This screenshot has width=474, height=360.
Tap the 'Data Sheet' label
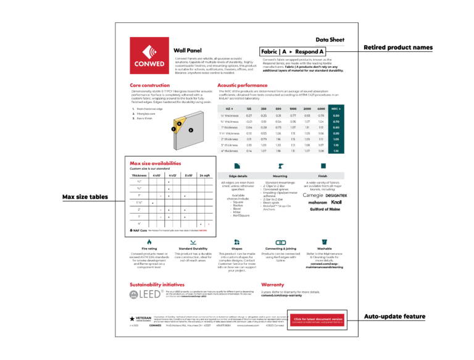(x=329, y=39)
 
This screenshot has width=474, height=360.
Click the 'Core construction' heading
(x=149, y=85)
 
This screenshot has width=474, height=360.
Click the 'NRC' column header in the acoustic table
(x=336, y=108)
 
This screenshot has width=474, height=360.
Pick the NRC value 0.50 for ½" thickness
(x=336, y=115)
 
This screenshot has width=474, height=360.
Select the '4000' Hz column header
(x=321, y=108)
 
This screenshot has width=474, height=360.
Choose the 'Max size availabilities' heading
(x=156, y=164)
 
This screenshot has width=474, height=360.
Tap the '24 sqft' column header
(x=205, y=175)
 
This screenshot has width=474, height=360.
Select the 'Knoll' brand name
(x=336, y=202)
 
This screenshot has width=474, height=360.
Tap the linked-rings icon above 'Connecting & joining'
(x=280, y=242)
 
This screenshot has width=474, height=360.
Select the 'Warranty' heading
(x=272, y=285)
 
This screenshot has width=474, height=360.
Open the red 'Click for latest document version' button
(x=318, y=320)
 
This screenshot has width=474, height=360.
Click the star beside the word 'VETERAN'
(x=132, y=318)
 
